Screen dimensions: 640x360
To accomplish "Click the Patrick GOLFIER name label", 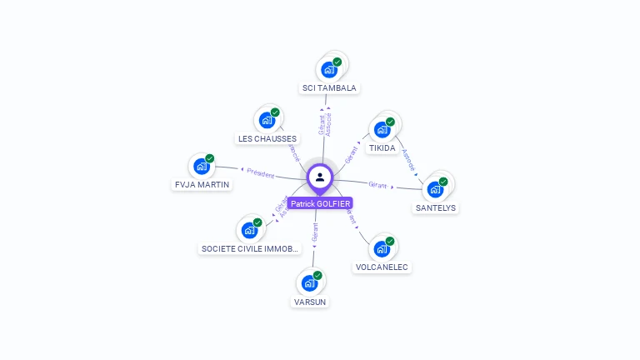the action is [x=320, y=203].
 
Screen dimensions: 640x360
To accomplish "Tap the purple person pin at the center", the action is [x=320, y=177].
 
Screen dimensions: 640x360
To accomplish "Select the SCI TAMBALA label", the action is [x=328, y=87].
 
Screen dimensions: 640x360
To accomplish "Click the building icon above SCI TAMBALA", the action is [x=329, y=70].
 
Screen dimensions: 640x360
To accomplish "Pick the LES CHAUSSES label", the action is [x=267, y=138].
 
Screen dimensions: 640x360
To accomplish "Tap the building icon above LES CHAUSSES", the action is [x=267, y=121].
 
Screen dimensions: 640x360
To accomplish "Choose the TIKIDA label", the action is [x=382, y=147].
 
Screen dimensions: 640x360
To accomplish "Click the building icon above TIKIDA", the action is [x=382, y=130].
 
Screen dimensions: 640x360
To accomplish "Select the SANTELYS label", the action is [x=436, y=207].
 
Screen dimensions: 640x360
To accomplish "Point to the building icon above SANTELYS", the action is [x=435, y=189].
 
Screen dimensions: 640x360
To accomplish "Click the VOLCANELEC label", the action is [x=382, y=267].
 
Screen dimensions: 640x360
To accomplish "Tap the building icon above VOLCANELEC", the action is [x=382, y=249].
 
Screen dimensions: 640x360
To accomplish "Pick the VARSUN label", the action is [x=310, y=302].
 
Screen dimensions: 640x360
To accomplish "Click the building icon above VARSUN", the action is [x=309, y=283].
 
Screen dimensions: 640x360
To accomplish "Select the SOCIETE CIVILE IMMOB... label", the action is [x=250, y=248].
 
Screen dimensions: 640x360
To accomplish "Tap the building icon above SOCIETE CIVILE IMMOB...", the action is [x=249, y=230].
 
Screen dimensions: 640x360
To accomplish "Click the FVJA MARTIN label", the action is [x=202, y=184].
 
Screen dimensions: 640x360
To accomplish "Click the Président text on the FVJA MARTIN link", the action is [x=261, y=174].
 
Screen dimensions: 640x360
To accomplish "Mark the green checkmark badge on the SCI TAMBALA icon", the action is [x=337, y=62].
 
